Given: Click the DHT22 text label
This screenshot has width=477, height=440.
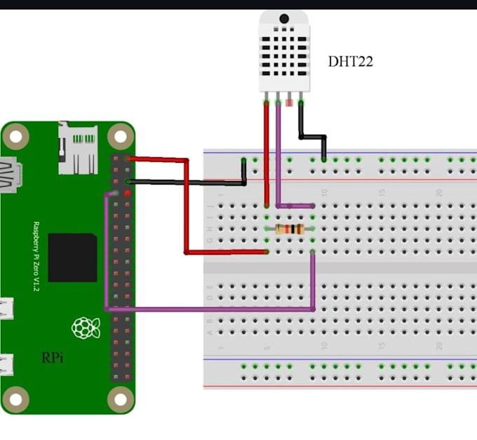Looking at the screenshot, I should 350,62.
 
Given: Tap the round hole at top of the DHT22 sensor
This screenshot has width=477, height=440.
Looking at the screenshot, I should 284,18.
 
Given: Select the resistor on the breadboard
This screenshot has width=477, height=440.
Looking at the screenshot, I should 290,229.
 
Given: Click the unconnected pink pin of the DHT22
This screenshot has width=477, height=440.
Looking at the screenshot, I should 290,102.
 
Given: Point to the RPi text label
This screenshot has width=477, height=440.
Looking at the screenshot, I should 53,358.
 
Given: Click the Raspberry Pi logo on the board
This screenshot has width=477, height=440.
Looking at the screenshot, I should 84,327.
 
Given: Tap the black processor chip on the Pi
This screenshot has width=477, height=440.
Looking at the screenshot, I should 72,258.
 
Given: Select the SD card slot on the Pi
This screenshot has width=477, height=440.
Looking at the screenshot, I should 77,148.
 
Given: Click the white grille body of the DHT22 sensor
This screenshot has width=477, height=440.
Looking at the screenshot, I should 284,53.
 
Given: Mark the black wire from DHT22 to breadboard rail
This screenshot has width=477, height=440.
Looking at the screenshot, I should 313,136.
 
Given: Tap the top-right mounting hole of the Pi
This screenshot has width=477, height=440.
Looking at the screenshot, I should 121,135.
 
